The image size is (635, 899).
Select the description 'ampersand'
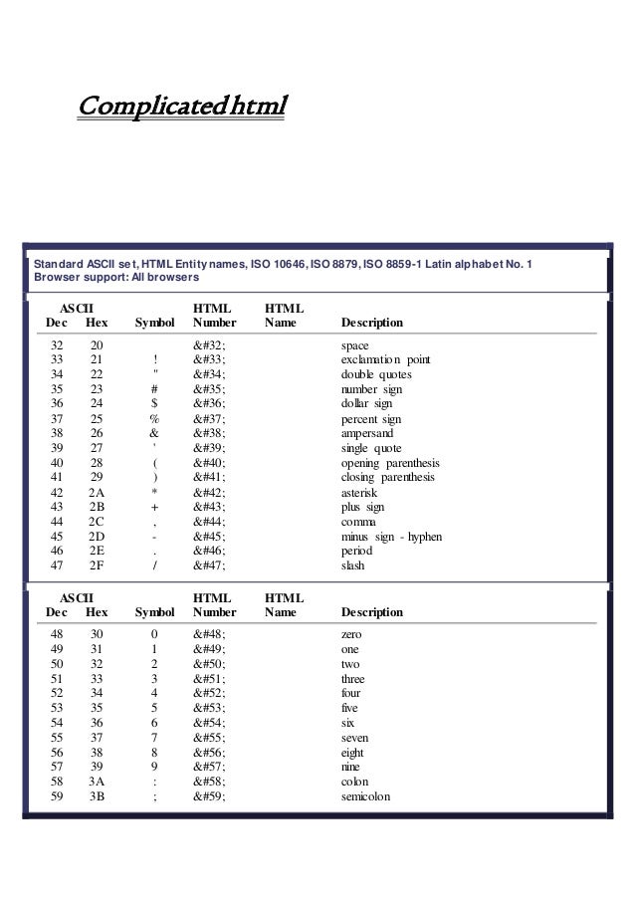367,434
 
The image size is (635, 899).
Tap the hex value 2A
97,493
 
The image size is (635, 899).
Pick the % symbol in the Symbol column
154,419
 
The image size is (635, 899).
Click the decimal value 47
57,565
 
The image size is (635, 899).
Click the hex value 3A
97,782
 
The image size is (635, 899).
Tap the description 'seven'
356,738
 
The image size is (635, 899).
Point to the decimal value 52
57,693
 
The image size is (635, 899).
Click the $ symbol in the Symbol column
154,403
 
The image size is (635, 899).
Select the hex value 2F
97,565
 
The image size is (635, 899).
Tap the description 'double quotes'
376,374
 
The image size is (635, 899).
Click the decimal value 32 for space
57,344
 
